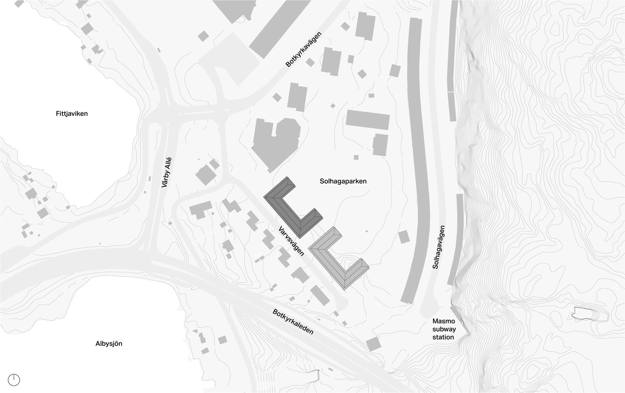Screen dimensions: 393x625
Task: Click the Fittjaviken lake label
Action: pyautogui.click(x=72, y=114)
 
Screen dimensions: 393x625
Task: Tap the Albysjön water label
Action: pyautogui.click(x=109, y=344)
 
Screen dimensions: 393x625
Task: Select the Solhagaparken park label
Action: pyautogui.click(x=343, y=181)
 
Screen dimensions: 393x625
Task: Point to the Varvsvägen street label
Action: pyautogui.click(x=292, y=241)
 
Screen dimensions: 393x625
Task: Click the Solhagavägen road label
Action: pyautogui.click(x=439, y=247)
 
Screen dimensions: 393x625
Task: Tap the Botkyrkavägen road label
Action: pyautogui.click(x=304, y=49)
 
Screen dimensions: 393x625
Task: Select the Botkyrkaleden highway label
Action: pyautogui.click(x=293, y=321)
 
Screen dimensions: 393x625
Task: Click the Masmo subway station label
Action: pyautogui.click(x=443, y=329)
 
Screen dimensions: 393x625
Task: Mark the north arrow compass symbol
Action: pyautogui.click(x=14, y=380)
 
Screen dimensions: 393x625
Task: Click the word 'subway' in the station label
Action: pyautogui.click(x=444, y=329)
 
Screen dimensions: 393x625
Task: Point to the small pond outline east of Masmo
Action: pyautogui.click(x=589, y=315)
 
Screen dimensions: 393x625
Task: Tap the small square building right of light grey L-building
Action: pyautogui.click(x=404, y=237)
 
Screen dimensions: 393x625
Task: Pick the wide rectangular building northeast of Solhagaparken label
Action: pyautogui.click(x=367, y=119)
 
